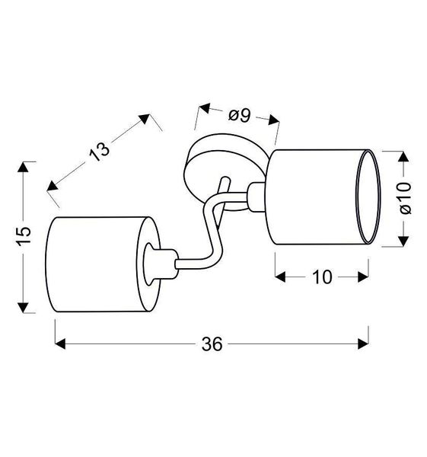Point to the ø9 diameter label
pos(239,116)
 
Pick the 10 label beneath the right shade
pos(322,277)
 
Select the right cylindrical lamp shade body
pos(312,199)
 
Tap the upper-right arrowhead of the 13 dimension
pos(145,118)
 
